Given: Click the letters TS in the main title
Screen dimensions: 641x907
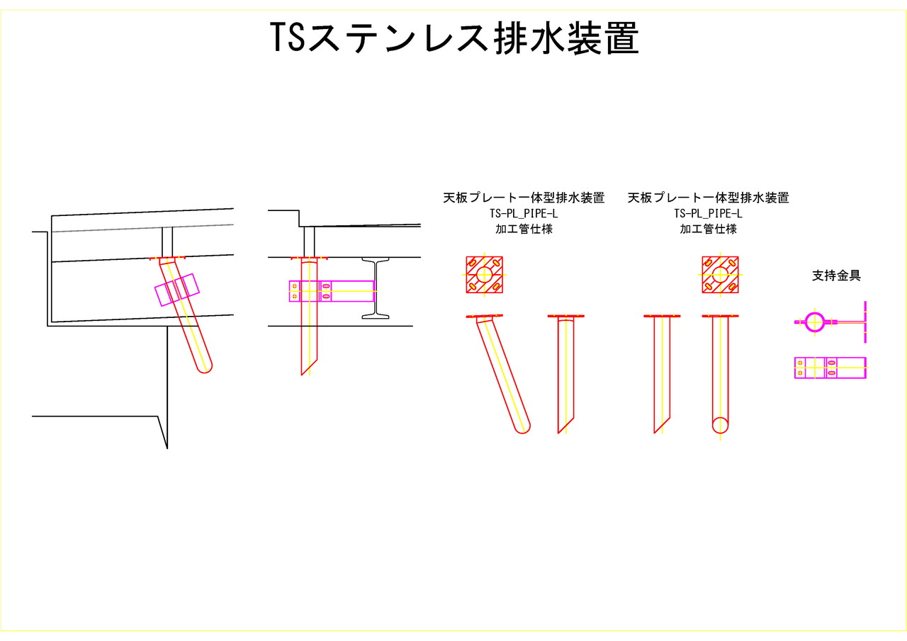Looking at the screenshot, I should pos(287,38).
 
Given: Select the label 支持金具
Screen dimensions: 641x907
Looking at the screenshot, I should pos(836,276).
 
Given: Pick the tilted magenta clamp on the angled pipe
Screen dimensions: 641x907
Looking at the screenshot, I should pos(177,290).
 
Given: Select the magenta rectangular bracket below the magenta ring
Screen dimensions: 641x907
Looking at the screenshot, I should pos(830,368).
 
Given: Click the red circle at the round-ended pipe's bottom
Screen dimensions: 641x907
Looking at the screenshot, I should pos(721,426).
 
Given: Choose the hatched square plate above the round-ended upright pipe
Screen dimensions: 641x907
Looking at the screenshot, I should pos(720,275).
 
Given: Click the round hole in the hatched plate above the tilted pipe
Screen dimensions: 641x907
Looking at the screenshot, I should pos(484,275).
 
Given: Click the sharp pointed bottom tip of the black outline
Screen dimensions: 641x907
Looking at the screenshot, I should pos(167,446).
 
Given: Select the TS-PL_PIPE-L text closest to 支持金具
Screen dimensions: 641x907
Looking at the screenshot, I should pos(708,213).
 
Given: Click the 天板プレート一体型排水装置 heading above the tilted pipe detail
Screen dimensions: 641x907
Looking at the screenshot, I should pos(524,198).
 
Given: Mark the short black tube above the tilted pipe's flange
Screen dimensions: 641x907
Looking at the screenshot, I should pos(167,242).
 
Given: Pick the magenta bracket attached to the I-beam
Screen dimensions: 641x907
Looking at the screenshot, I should pos(332,291).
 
